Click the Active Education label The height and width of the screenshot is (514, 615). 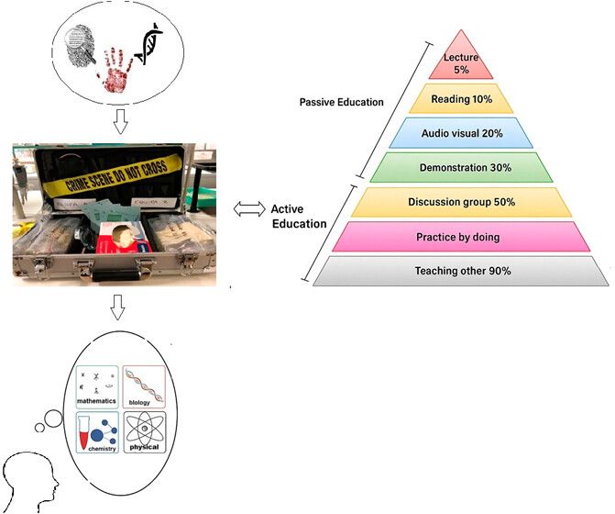coord(297,217)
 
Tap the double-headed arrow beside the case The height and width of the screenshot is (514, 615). coord(247,210)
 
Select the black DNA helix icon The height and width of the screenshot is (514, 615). coord(149,44)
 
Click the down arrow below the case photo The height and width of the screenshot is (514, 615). coord(117,308)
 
